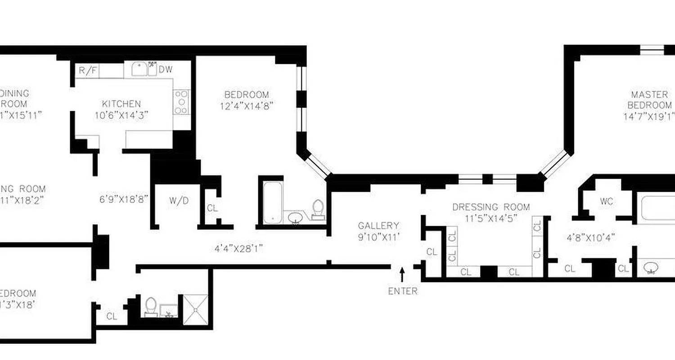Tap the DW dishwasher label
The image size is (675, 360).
pyautogui.click(x=166, y=70)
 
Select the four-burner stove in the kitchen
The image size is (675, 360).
pyautogui.click(x=181, y=102)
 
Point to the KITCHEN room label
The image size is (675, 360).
pyautogui.click(x=121, y=104)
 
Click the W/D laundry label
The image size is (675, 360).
pyautogui.click(x=179, y=201)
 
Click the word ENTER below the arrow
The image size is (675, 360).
pyautogui.click(x=403, y=291)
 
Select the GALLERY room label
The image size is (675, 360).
pyautogui.click(x=378, y=225)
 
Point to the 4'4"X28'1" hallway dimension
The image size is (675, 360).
pyautogui.click(x=238, y=248)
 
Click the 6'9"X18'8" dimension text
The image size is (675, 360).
pyautogui.click(x=124, y=199)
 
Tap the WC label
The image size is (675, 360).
pyautogui.click(x=606, y=202)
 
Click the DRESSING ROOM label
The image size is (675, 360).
pyautogui.click(x=491, y=207)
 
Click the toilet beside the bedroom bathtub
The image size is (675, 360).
pyautogui.click(x=319, y=209)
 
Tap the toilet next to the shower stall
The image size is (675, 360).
pyautogui.click(x=151, y=306)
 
